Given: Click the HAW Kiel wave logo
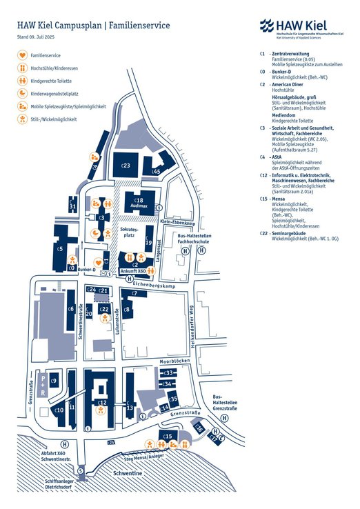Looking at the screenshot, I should click(x=266, y=26).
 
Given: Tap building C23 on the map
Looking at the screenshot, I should click(x=126, y=166).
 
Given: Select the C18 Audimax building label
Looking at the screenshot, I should click(x=139, y=203).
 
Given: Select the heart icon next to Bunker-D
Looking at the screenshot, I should click(x=98, y=263).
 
